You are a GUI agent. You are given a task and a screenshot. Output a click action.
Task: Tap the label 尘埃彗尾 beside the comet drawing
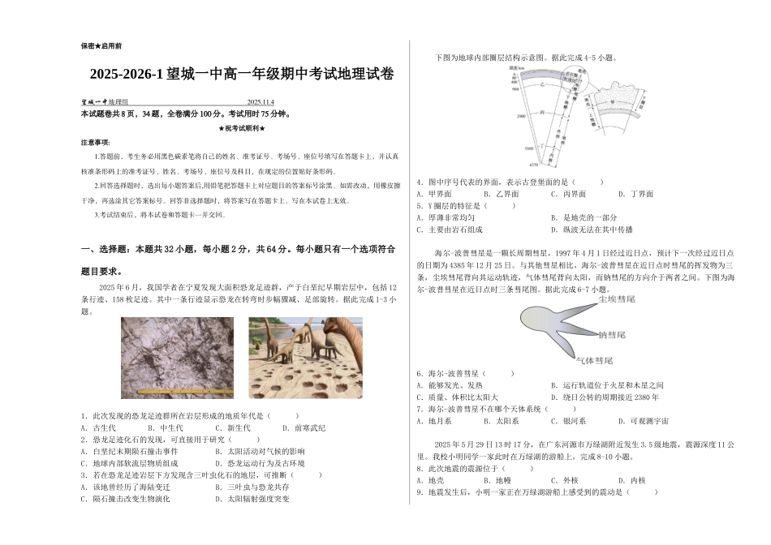point(616,300)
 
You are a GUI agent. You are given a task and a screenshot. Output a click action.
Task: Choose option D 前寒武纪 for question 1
point(304,427)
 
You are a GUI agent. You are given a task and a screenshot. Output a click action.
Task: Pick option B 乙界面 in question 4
point(501,194)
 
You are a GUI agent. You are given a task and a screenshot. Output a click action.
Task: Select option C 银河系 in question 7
point(568,421)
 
